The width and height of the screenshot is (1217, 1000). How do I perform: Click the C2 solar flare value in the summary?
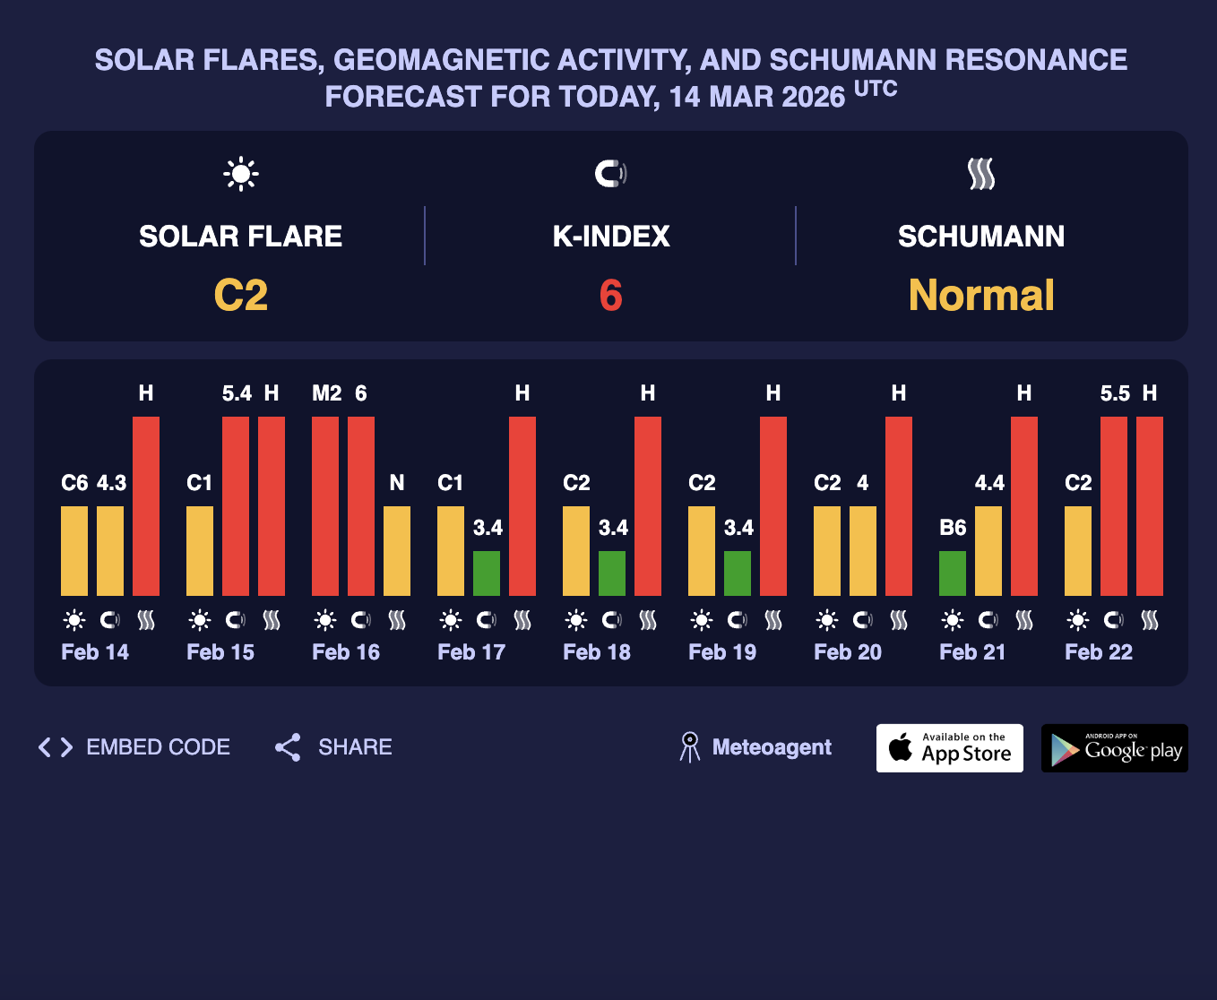(x=241, y=296)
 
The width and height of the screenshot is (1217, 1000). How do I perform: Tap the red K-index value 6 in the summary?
(x=610, y=296)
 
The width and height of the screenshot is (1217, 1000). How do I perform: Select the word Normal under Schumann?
(x=981, y=296)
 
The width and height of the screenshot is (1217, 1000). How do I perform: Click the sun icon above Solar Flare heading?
(x=241, y=174)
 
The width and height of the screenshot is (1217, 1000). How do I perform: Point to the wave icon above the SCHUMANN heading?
(x=981, y=174)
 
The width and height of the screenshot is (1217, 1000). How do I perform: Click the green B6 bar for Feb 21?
(x=953, y=573)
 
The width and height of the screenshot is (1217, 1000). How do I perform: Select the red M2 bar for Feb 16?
(x=325, y=506)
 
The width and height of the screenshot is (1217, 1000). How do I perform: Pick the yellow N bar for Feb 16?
(x=397, y=551)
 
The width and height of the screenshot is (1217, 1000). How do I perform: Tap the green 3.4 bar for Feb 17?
(x=487, y=573)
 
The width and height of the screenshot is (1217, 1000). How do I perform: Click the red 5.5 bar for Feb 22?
(x=1114, y=506)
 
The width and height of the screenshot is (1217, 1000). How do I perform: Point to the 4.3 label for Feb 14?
(x=111, y=483)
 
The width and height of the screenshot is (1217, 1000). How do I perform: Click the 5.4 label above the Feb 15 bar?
(x=237, y=393)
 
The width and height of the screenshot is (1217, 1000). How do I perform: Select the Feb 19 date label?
(x=722, y=652)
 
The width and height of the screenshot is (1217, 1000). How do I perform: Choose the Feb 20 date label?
(x=848, y=652)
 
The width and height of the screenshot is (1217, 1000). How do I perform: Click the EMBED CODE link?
(x=134, y=747)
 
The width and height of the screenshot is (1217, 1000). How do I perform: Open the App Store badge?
(x=950, y=748)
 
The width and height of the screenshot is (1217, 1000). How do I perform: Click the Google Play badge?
(x=1115, y=748)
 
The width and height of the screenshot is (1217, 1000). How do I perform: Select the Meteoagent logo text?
(x=771, y=747)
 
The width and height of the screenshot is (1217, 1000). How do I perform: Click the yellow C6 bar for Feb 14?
(x=74, y=551)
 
